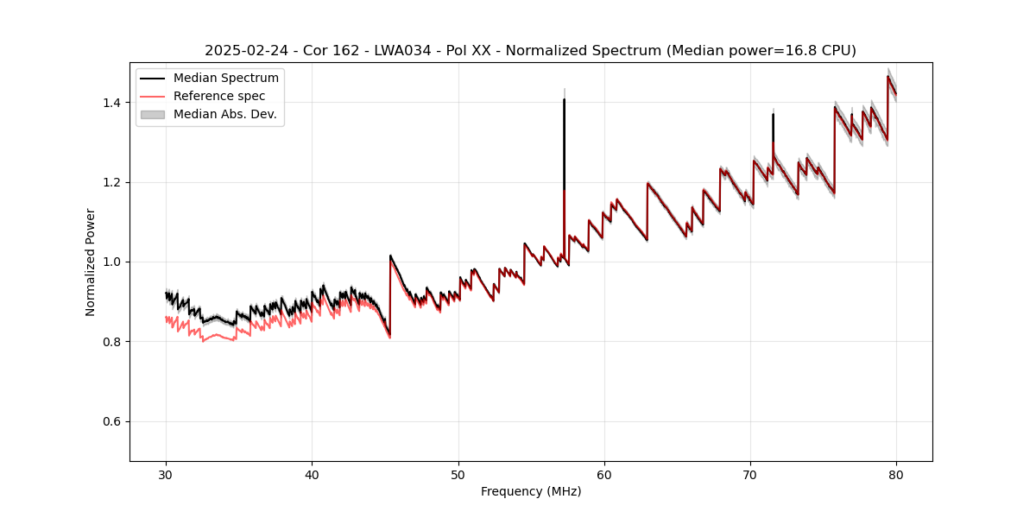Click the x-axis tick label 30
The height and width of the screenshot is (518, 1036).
pyautogui.click(x=167, y=474)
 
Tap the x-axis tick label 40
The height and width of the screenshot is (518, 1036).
pyautogui.click(x=313, y=474)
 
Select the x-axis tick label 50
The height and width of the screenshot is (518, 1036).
pyautogui.click(x=458, y=474)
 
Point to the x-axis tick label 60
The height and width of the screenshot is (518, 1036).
pyautogui.click(x=604, y=474)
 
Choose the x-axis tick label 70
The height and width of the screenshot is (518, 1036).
pyautogui.click(x=750, y=474)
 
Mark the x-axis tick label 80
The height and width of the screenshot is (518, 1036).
pyautogui.click(x=896, y=474)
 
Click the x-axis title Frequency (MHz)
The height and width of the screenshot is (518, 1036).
pyautogui.click(x=531, y=491)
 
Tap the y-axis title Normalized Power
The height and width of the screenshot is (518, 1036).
pyautogui.click(x=91, y=262)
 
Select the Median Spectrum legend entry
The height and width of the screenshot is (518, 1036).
pyautogui.click(x=225, y=79)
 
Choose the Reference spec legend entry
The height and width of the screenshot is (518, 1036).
pyautogui.click(x=219, y=96)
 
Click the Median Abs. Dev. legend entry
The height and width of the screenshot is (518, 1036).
pyautogui.click(x=224, y=114)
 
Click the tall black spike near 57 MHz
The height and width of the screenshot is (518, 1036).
pyautogui.click(x=564, y=138)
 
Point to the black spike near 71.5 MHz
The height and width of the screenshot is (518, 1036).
pyautogui.click(x=773, y=125)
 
